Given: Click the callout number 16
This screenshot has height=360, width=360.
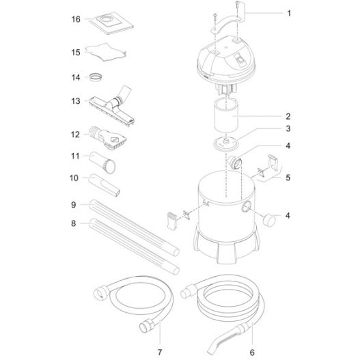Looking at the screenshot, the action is tap(76, 19).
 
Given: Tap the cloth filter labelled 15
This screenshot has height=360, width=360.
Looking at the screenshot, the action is tap(106, 52).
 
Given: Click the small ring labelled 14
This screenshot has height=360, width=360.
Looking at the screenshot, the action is tap(96, 77).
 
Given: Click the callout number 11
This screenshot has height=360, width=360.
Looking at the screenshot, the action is tap(75, 156).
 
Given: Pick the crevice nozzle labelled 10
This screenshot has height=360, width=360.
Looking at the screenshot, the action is tap(105, 185).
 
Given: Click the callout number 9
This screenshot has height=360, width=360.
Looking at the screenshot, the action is tap(74, 204).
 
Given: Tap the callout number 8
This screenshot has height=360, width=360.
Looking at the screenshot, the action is tap(74, 223).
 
